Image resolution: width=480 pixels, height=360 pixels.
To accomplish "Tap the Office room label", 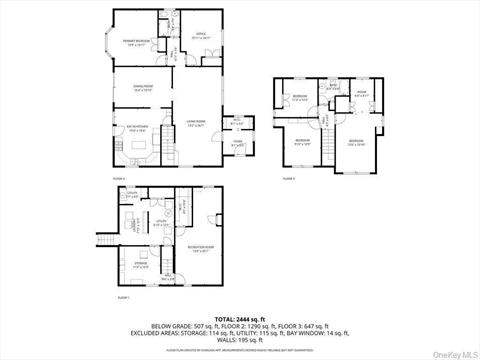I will tap(199, 37).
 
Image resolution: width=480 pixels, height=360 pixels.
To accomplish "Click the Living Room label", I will tap(196, 123).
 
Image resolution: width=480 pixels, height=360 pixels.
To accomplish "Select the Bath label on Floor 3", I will tap(334, 87).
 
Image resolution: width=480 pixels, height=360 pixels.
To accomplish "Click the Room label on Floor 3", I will tap(362, 94).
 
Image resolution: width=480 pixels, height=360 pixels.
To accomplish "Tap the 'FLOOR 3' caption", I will tap(288, 178).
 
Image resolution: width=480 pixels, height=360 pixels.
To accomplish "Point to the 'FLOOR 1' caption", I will tap(124, 297).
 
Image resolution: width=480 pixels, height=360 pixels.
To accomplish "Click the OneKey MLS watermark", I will tap(452, 352).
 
